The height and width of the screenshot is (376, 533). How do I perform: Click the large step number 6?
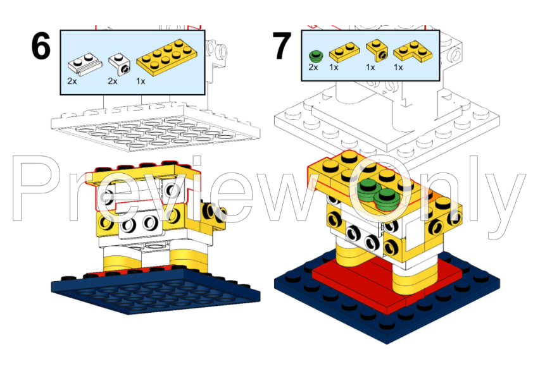41,46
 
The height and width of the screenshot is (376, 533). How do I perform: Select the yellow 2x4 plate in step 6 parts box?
166,57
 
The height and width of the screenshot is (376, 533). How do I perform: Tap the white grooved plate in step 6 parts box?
85,63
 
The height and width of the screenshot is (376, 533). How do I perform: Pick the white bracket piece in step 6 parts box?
119,64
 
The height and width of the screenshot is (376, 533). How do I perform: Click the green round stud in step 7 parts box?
316,56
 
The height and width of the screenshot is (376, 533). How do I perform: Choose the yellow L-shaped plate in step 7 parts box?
413,51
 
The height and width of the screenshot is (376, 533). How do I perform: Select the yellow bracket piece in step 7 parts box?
377,50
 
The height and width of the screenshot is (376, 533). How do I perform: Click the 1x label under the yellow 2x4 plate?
141,82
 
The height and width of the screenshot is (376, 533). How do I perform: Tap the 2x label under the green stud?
313,68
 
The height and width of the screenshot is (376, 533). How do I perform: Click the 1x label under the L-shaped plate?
398,68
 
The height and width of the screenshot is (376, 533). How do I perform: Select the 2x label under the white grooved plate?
72,81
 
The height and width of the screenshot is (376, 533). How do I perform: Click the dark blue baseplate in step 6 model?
156,291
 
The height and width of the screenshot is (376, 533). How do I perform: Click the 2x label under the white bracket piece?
113,81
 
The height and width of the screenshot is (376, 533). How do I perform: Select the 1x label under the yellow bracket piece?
370,68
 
